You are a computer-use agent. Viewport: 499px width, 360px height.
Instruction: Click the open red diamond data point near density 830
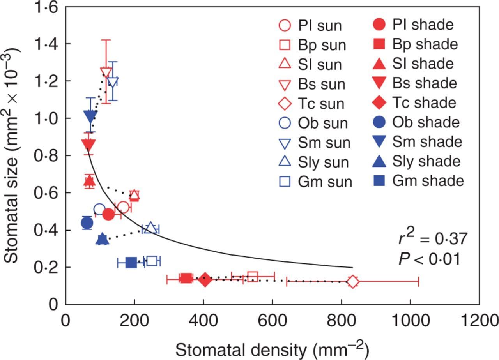[352, 281]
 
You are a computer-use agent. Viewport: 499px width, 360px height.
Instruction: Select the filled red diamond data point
[205, 279]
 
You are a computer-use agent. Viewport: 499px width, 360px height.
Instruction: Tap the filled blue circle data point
[87, 223]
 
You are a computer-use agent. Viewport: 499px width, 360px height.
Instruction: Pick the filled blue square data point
[131, 263]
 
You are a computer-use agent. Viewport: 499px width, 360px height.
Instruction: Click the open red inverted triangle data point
[106, 73]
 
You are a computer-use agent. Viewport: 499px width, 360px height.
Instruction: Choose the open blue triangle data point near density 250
[150, 228]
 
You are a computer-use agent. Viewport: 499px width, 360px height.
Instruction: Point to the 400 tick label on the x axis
[203, 321]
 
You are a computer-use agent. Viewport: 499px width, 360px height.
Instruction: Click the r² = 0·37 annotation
[432, 238]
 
